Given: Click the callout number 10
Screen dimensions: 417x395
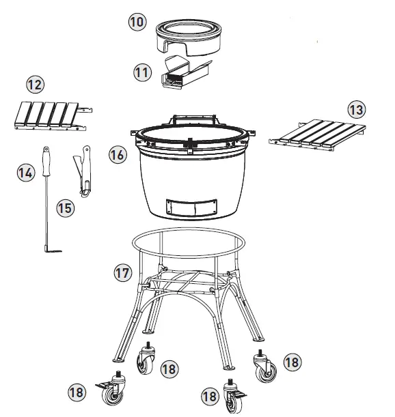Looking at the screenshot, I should (x=137, y=22).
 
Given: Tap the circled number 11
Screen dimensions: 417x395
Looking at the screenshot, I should (x=141, y=72).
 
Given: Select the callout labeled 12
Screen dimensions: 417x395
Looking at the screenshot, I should (x=34, y=85).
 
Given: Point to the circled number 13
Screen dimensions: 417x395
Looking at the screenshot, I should (x=357, y=109).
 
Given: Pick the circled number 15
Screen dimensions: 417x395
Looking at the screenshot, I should (x=64, y=207).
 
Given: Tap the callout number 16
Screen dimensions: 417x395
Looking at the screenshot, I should (x=117, y=155).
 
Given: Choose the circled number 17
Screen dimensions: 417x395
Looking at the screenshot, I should (x=122, y=273).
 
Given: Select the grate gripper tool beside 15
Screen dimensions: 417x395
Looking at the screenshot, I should (x=83, y=171).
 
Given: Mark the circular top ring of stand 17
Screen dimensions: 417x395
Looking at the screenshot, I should (x=188, y=236).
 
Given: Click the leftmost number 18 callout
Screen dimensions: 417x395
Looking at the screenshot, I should (x=77, y=392).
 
